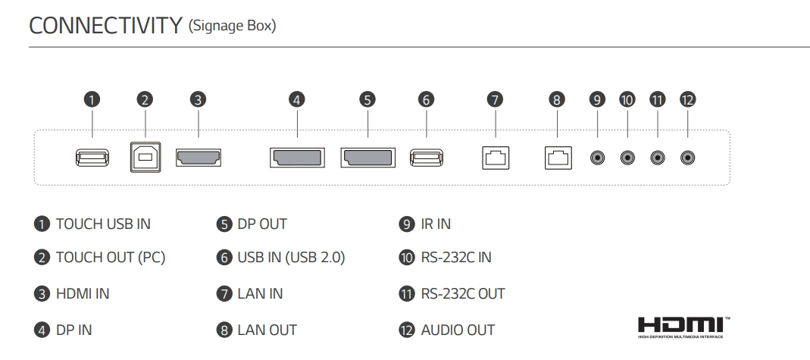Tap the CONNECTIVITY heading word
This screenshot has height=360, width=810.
(105, 26)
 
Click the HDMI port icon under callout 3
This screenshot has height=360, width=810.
(199, 158)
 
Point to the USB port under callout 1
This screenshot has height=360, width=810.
(92, 158)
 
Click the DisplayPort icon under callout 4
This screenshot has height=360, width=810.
(296, 158)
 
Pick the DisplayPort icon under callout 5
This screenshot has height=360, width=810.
(367, 158)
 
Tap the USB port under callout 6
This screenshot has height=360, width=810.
(426, 158)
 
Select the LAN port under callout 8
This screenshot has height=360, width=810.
(557, 158)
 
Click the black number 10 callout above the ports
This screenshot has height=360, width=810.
(627, 99)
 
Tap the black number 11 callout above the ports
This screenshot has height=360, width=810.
(657, 99)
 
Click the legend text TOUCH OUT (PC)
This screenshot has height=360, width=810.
(110, 258)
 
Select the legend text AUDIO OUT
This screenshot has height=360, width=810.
(458, 330)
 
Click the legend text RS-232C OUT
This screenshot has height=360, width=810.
(462, 293)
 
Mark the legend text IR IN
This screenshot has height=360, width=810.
(436, 224)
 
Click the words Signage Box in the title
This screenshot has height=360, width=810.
(231, 27)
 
